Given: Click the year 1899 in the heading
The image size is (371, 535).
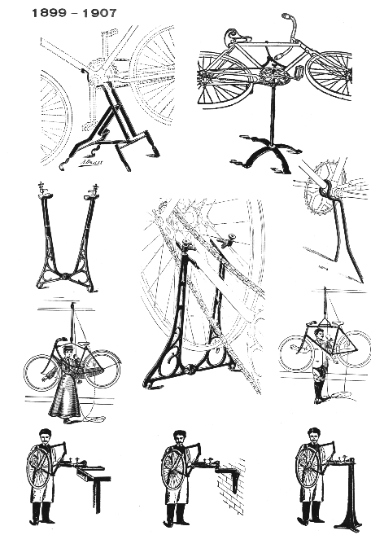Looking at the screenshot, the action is (49, 13).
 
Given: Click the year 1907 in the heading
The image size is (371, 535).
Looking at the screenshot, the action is (99, 13).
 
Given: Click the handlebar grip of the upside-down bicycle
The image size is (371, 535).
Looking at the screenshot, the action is (286, 17).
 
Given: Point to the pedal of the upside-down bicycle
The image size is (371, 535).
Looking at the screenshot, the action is (299, 72).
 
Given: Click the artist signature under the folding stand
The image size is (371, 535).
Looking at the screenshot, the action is (90, 162).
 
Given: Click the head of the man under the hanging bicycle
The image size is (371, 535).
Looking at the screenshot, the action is (319, 334).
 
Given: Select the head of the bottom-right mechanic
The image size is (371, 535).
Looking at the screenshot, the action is (314, 436).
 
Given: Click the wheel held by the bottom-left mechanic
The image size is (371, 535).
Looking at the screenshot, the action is (39, 468).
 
